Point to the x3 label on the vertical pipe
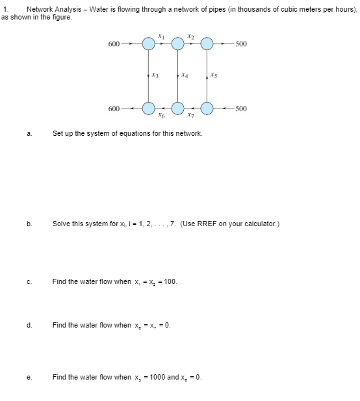click(155, 75)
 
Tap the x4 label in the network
click(185, 75)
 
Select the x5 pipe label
click(214, 75)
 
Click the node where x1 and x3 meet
click(149, 44)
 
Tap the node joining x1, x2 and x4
click(177, 44)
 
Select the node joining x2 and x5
click(207, 44)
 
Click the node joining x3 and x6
click(149, 107)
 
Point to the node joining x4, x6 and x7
click(177, 107)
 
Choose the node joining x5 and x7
click(207, 107)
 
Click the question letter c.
click(29, 282)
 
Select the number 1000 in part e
click(155, 377)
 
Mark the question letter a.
click(29, 134)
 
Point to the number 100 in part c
click(168, 282)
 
